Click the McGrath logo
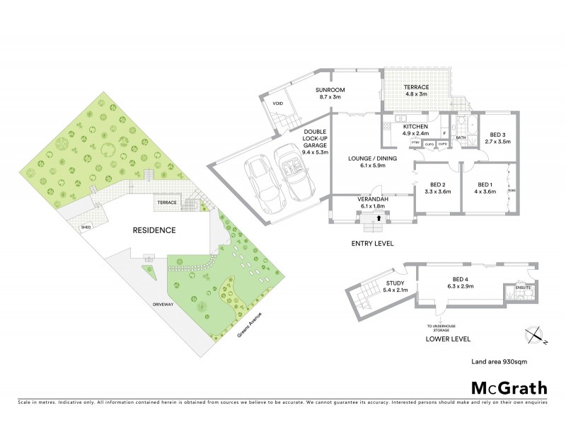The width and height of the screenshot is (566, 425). [x=509, y=387]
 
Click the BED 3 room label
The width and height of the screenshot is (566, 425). [x=497, y=137]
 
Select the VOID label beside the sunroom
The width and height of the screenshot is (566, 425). [x=278, y=103]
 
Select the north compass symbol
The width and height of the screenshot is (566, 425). [x=536, y=334]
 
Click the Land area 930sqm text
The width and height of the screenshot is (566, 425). [x=499, y=361]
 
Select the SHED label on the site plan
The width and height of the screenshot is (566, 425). [x=86, y=227]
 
